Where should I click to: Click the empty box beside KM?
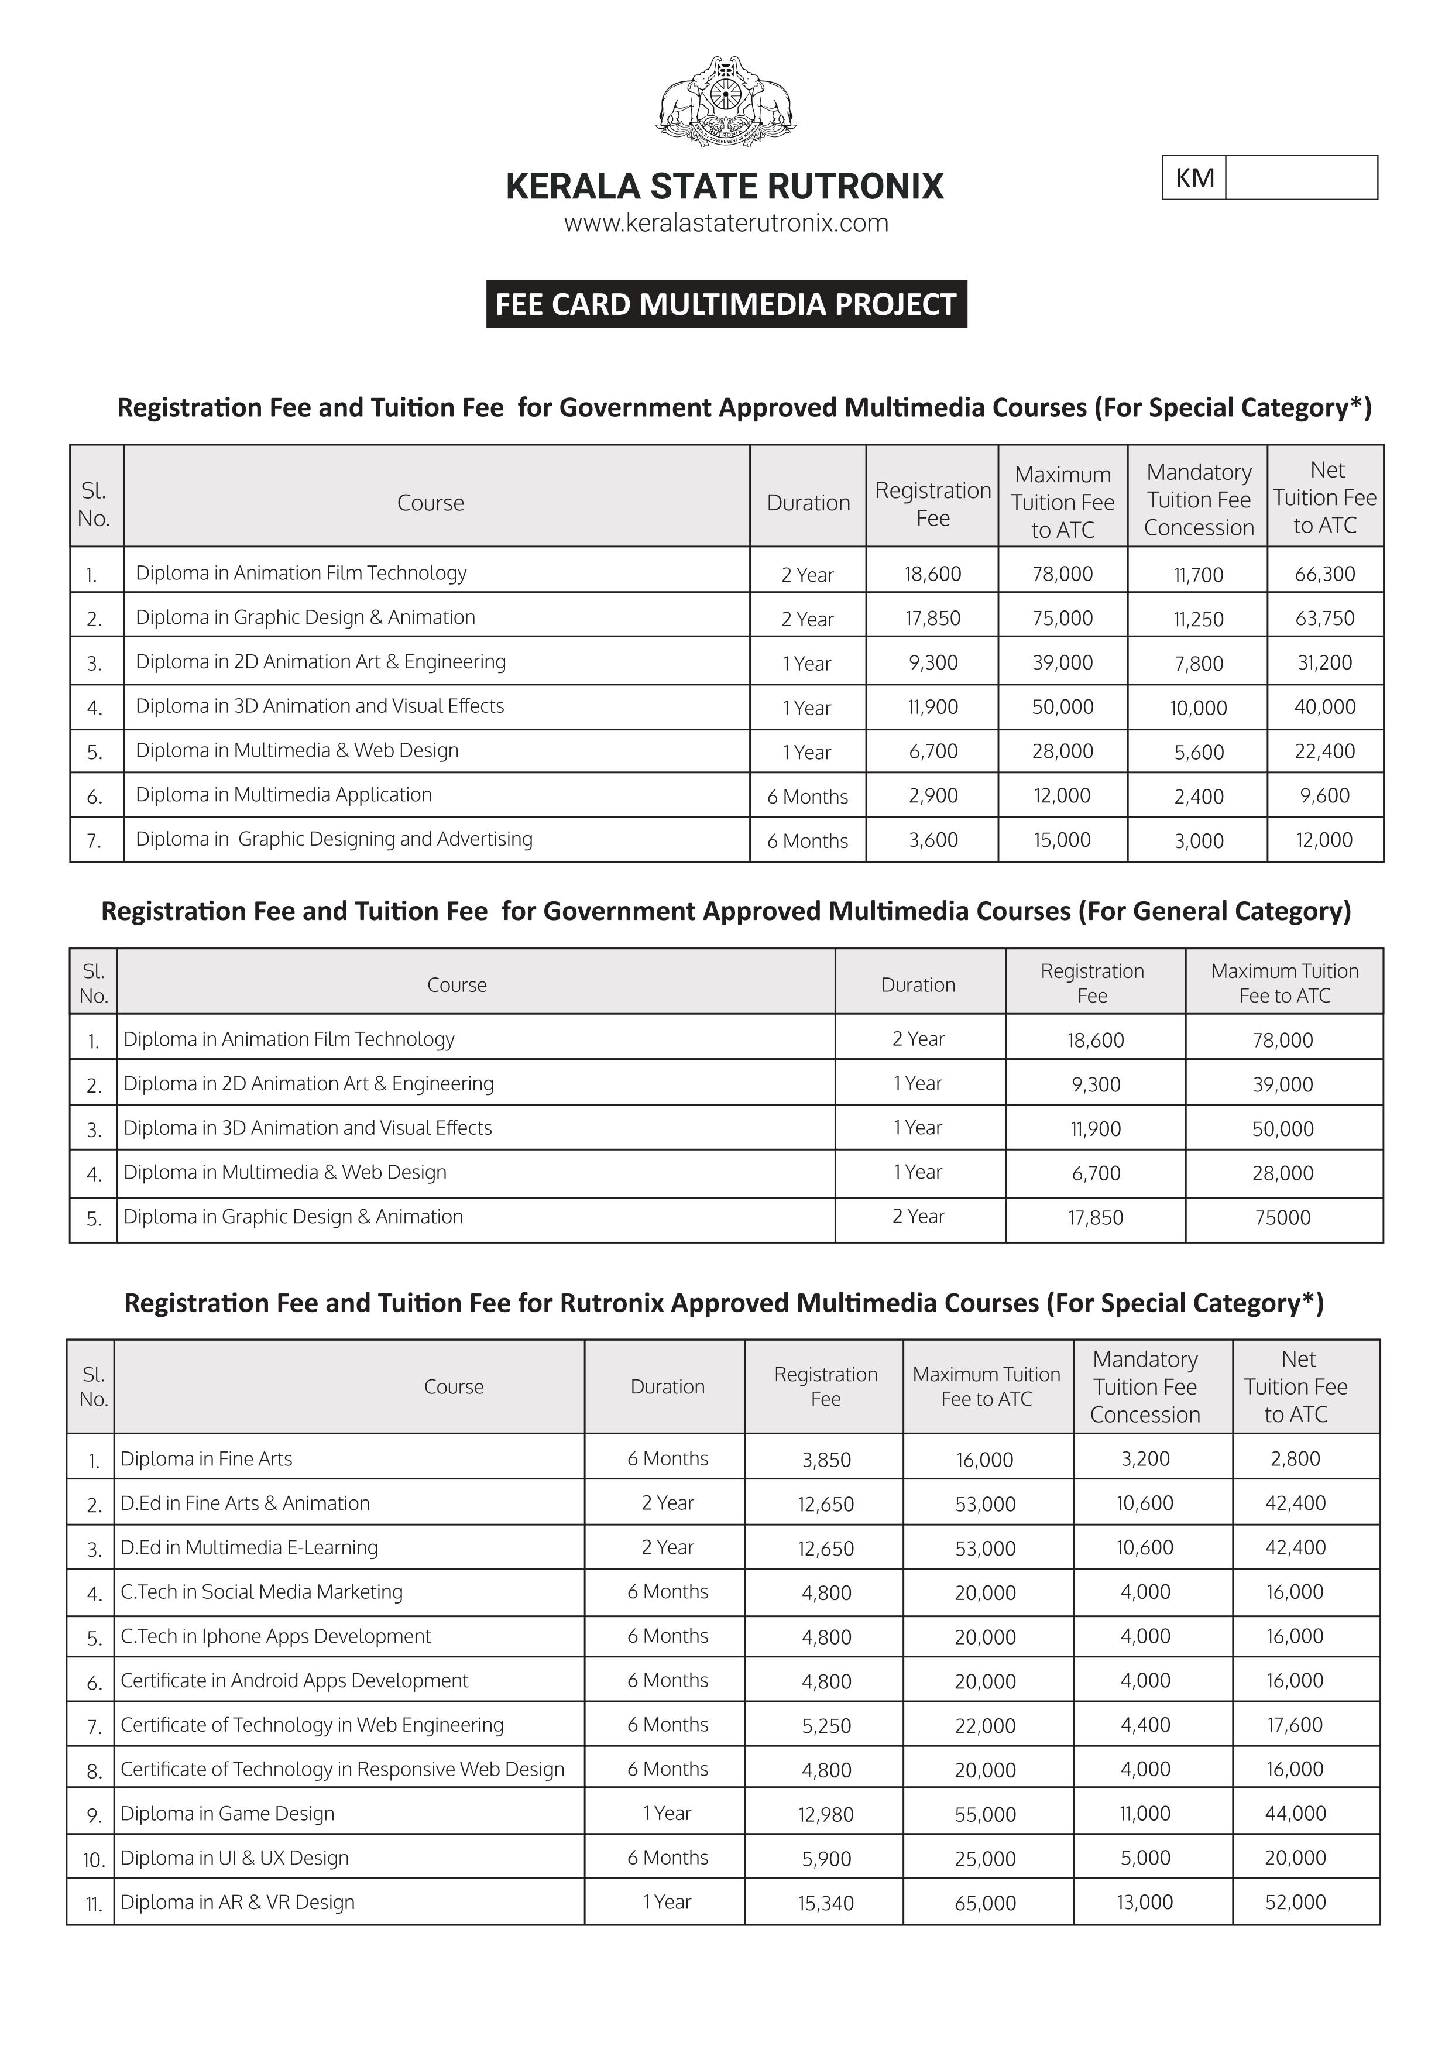tap(1301, 178)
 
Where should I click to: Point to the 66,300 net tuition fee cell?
tap(1324, 574)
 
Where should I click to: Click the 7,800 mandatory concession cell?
tap(1198, 664)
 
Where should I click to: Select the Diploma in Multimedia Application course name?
tap(283, 795)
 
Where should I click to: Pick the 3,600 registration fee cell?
tap(932, 840)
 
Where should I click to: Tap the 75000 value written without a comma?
tap(1282, 1218)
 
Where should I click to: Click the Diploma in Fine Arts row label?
tap(207, 1459)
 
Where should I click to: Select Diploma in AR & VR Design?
tap(238, 1903)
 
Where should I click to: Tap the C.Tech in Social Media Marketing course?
tap(262, 1592)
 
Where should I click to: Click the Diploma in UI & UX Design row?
tap(234, 1858)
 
